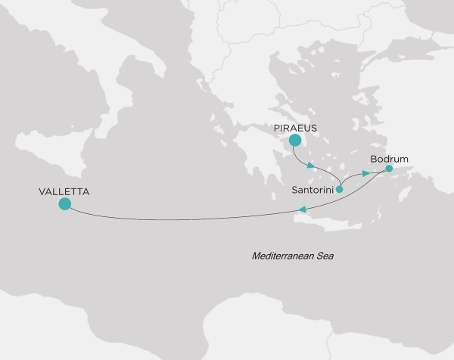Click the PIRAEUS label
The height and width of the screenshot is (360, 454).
(296, 127)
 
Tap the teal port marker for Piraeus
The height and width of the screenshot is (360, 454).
(295, 140)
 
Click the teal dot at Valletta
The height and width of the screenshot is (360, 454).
(64, 204)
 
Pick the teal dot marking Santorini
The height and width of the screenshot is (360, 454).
(339, 190)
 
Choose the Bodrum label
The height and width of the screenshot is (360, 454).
(389, 160)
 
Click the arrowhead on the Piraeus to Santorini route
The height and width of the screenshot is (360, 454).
(311, 165)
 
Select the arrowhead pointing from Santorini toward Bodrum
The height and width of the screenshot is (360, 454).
(365, 174)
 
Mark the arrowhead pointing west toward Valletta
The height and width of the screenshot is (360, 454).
(302, 209)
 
